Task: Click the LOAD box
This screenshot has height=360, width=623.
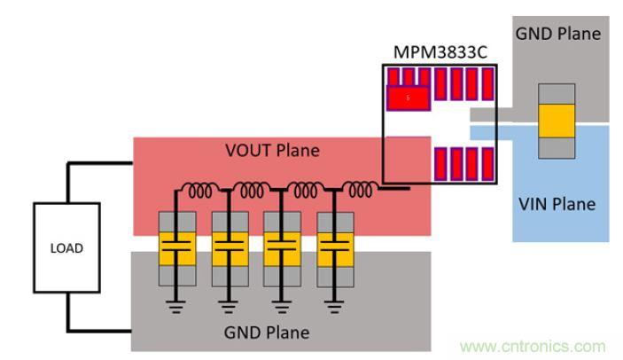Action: point(65,248)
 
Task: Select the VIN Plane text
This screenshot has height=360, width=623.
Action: point(556,203)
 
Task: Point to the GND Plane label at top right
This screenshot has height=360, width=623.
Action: point(558,35)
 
